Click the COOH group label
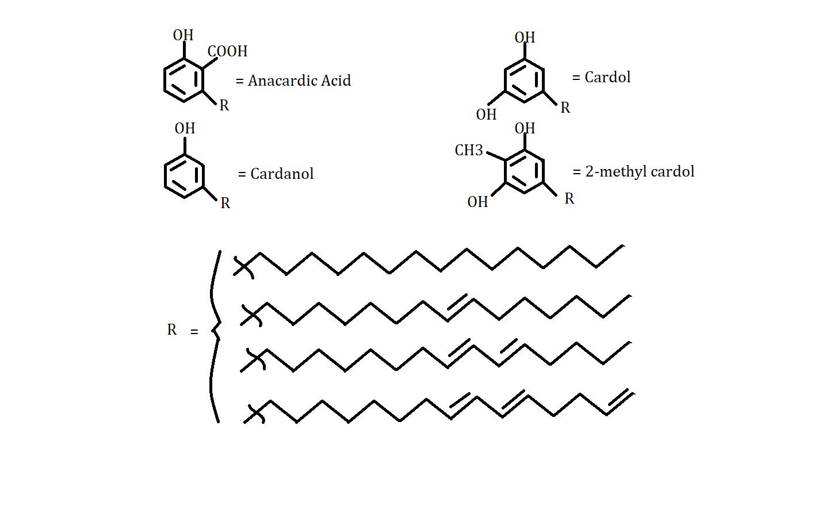(x=228, y=52)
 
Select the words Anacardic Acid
(x=299, y=81)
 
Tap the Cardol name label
(x=607, y=78)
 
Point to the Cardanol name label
(x=282, y=174)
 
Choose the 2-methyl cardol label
(x=640, y=172)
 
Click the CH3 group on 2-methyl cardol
(x=469, y=151)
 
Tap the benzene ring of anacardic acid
(x=184, y=81)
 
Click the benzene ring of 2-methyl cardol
(x=524, y=171)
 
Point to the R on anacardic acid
(x=224, y=106)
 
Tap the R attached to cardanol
(x=225, y=204)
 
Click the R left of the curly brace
(x=171, y=330)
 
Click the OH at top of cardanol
(x=185, y=128)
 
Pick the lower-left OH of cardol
(x=486, y=115)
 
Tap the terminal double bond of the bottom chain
(x=620, y=401)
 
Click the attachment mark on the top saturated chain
(x=244, y=267)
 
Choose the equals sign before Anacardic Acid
(x=240, y=82)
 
